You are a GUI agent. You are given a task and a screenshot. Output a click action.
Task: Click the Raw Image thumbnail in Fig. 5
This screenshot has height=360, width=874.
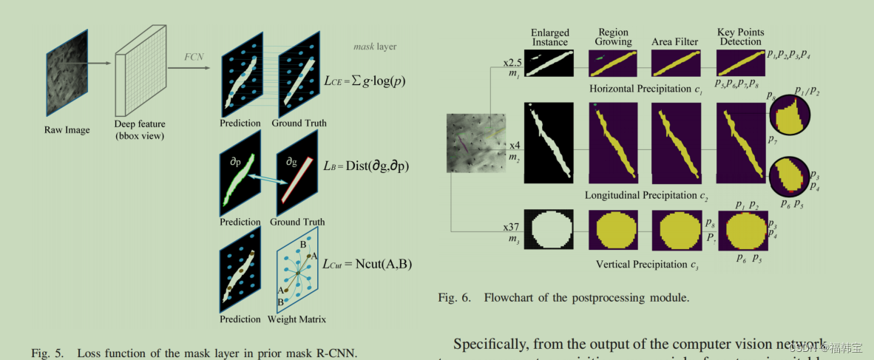(x=67, y=75)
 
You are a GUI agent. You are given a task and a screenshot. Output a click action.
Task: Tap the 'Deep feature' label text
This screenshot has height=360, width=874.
(x=140, y=124)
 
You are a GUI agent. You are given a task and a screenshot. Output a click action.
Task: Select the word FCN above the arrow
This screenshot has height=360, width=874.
(x=194, y=56)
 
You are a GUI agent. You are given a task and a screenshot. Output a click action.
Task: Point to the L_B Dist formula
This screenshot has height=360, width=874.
(x=367, y=166)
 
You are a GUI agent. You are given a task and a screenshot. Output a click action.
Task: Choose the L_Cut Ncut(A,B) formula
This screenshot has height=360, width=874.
(x=367, y=264)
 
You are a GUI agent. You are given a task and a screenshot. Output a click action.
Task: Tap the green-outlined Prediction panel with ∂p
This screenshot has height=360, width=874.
(x=240, y=174)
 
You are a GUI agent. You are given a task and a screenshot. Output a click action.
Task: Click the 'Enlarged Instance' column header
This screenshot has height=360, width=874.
(x=550, y=37)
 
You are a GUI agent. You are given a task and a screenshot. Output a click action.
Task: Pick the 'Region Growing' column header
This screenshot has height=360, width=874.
(x=614, y=37)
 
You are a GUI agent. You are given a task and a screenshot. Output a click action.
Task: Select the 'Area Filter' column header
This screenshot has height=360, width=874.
(x=675, y=41)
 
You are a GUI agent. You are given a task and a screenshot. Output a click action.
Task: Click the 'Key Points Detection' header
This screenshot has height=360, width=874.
(x=740, y=37)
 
